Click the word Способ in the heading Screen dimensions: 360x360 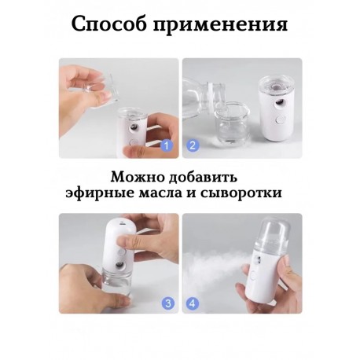[108, 25]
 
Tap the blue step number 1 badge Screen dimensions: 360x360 [167, 145]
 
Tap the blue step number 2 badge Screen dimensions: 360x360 [193, 145]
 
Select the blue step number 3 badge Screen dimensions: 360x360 [168, 303]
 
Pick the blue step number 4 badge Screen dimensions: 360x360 [193, 303]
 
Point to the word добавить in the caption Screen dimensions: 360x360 [203, 177]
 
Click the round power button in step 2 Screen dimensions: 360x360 [279, 120]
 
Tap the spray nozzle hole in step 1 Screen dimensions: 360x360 [134, 128]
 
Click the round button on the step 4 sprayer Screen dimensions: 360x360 [254, 276]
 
